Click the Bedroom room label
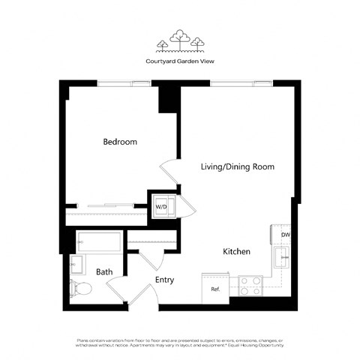(119, 142)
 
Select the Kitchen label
(236, 252)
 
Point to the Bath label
(103, 271)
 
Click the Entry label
(164, 280)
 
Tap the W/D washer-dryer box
(162, 205)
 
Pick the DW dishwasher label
(285, 235)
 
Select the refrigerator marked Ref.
(215, 288)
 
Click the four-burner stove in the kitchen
(250, 286)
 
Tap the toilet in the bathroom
(81, 287)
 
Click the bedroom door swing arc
(171, 174)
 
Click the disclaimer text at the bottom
(179, 343)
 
